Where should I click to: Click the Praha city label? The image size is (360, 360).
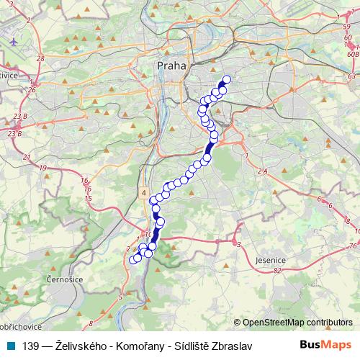[171, 66]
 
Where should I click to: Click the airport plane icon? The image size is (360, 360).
[14, 41]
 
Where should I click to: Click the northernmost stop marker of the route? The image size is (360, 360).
[228, 80]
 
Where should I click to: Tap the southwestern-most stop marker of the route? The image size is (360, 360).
[132, 259]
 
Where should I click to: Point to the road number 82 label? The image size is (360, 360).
[277, 271]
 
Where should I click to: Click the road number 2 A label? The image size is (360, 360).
[261, 171]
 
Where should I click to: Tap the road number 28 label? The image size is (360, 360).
[40, 58]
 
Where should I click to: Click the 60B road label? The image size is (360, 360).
[352, 53]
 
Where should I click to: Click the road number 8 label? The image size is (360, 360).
[90, 325]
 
